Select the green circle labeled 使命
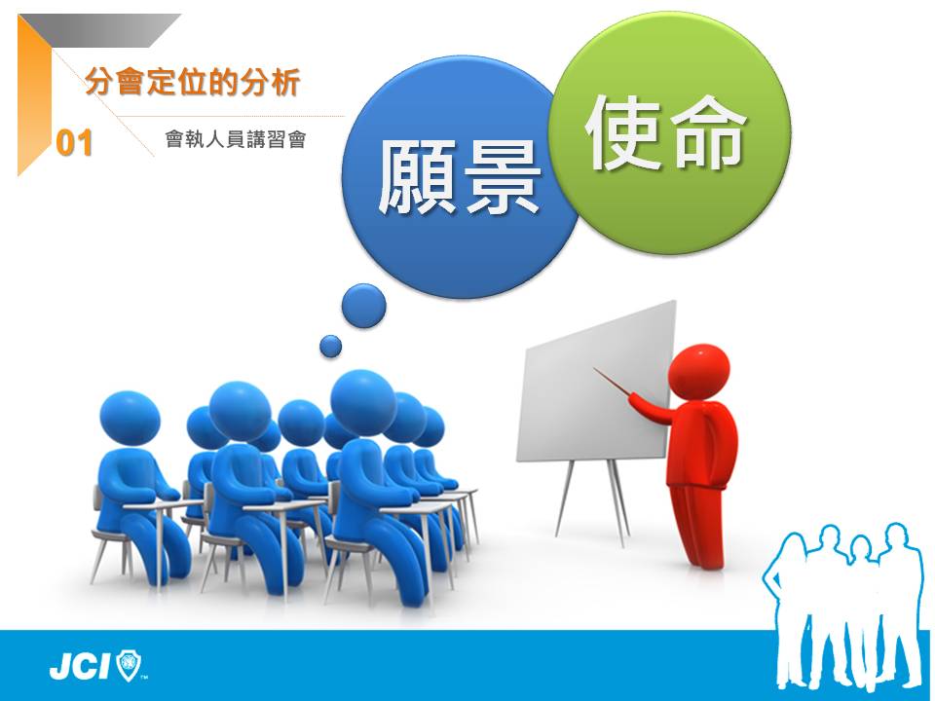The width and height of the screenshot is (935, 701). click(x=669, y=133)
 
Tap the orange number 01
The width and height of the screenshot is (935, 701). click(x=75, y=144)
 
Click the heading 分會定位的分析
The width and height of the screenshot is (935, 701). click(x=192, y=82)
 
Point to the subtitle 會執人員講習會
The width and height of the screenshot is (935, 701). click(x=236, y=139)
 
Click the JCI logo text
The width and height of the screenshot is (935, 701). click(x=80, y=666)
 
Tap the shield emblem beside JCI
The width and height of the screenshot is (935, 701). click(x=129, y=665)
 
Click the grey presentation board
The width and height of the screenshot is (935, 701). click(x=596, y=382)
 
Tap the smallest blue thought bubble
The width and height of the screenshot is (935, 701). click(x=331, y=347)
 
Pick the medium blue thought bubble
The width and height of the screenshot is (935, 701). click(x=363, y=306)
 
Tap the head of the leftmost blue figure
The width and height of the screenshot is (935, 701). click(x=130, y=418)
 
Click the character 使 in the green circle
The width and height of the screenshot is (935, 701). click(x=623, y=132)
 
